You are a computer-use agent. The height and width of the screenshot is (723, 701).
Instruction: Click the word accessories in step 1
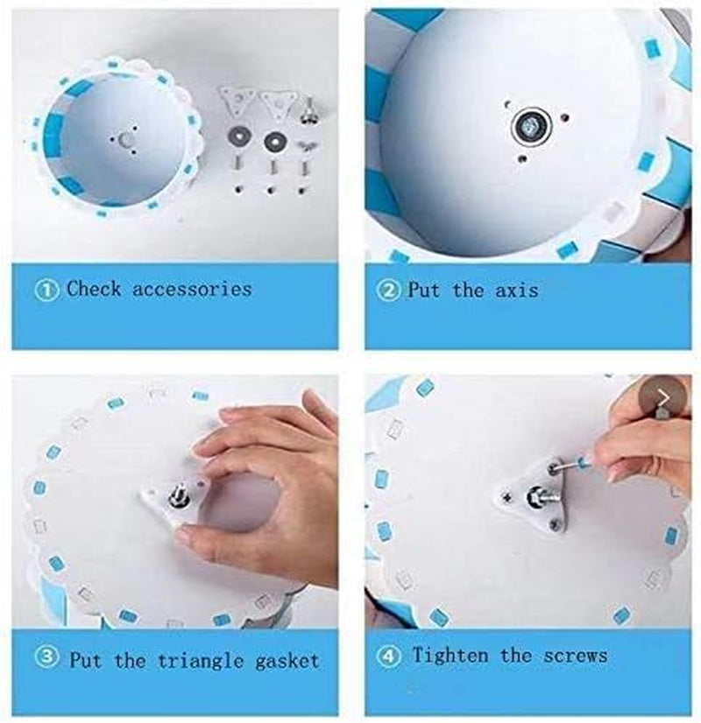(192, 289)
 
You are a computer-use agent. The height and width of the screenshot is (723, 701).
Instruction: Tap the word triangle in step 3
(203, 660)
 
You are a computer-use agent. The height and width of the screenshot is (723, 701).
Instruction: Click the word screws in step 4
(575, 655)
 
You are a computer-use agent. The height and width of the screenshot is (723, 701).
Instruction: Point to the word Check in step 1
(95, 289)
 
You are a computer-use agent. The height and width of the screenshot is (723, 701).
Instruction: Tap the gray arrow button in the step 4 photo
(663, 400)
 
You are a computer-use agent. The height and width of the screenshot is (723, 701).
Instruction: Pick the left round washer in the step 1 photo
(237, 137)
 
